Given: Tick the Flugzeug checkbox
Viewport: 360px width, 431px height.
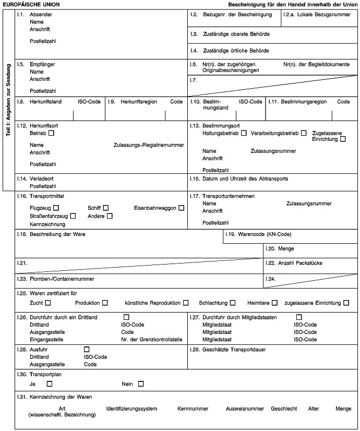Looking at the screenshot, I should (x=56, y=208).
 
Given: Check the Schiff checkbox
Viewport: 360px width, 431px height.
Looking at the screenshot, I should (x=106, y=208).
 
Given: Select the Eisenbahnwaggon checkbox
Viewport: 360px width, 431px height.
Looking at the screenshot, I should (x=181, y=208).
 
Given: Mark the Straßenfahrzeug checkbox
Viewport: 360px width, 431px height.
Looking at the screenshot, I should (x=73, y=216).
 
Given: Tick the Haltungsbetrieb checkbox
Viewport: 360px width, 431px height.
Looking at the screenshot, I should (x=244, y=134).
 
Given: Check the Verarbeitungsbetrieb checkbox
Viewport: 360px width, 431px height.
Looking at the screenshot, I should (x=304, y=134).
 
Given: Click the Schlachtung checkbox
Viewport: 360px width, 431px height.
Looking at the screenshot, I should (x=232, y=303).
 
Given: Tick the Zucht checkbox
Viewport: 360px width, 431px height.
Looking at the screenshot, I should (x=48, y=303).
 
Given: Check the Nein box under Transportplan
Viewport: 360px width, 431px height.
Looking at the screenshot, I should (x=141, y=384).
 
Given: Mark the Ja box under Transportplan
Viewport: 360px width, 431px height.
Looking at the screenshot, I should (x=50, y=384).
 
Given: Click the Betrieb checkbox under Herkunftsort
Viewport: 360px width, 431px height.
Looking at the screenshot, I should (x=51, y=134).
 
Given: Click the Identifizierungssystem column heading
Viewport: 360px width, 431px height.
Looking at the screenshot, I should (x=131, y=409).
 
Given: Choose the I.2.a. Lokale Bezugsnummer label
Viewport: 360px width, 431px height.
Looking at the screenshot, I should (x=320, y=15).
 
